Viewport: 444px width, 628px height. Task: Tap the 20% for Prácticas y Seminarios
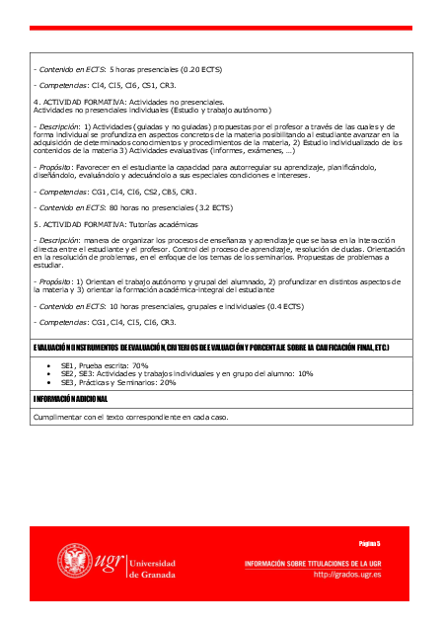(167, 383)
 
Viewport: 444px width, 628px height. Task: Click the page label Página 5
(370, 543)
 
